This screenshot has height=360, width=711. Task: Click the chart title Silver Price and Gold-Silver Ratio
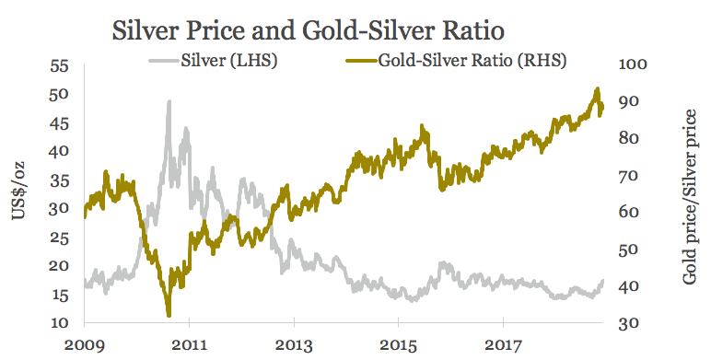click(308, 30)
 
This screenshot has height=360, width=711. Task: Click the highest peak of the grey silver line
click(169, 102)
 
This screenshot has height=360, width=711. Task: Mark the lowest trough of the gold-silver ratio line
click(169, 315)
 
